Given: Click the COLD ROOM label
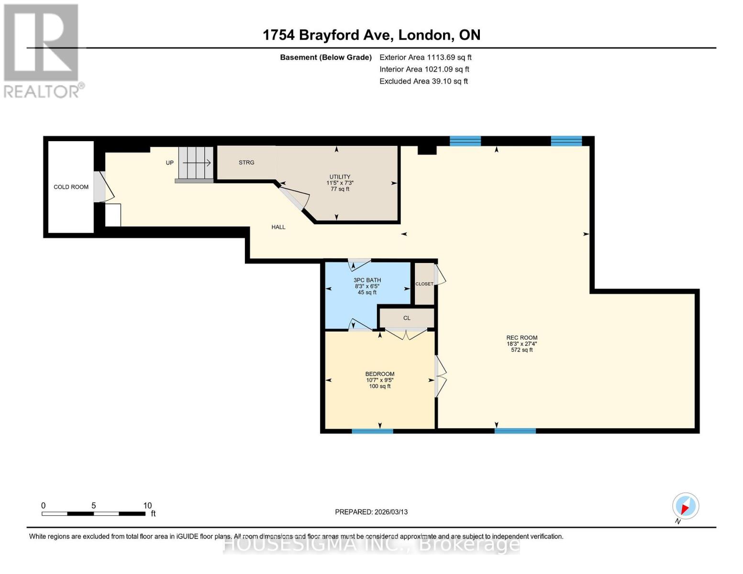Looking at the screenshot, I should point(71,187).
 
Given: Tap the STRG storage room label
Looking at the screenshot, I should point(246,163).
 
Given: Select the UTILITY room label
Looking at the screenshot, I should point(340,177).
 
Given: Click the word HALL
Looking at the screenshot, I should point(278,227).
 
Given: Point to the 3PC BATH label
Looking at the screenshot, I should point(367,280).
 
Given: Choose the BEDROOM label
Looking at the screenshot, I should point(380,374).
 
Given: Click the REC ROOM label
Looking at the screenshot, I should point(522,338).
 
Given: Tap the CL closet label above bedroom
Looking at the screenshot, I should point(407,318).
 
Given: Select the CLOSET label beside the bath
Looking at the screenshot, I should point(424,284).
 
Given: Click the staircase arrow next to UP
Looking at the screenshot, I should point(197,163).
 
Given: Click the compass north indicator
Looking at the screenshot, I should point(685,506).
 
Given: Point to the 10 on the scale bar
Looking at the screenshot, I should point(147,506).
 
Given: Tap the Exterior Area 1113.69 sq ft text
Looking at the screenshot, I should point(425,57).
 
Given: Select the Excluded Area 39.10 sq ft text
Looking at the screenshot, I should point(423,81).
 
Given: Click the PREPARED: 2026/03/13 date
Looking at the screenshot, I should point(371,512).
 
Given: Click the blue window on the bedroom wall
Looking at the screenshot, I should point(372,431).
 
